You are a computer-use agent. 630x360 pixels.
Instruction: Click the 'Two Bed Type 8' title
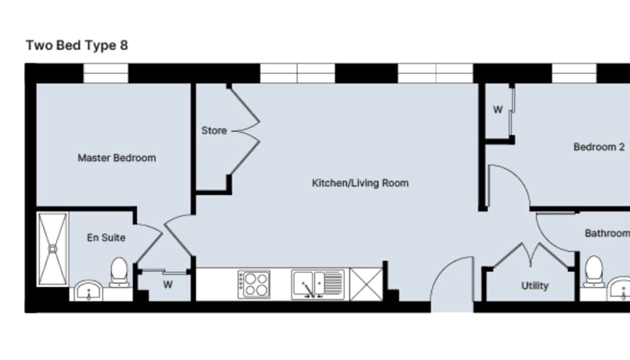point(77,46)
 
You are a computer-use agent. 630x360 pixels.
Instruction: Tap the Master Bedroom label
point(117,158)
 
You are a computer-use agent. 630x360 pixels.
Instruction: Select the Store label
point(214,131)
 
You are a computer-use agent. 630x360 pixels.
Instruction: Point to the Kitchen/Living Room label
point(360,184)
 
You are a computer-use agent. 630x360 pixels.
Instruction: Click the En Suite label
point(106,238)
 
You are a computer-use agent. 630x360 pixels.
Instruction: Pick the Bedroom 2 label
point(598,147)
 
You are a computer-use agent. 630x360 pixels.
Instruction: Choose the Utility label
point(534,285)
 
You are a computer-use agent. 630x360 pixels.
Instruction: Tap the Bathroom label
point(607,233)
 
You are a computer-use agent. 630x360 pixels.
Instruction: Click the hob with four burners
point(254,285)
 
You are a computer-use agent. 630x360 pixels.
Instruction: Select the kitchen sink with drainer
point(318,285)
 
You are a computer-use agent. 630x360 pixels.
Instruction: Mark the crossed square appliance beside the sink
point(366,285)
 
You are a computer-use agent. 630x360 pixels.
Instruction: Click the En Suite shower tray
point(53,250)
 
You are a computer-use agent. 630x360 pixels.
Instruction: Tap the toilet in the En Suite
point(119,272)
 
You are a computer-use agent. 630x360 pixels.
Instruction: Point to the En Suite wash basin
point(89,290)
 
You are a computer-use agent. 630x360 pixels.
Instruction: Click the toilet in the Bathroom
point(594,271)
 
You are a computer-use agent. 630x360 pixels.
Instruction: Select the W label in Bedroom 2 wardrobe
point(497,110)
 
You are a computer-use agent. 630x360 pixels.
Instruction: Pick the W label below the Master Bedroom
point(168,285)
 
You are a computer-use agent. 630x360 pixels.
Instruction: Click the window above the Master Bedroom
point(105,74)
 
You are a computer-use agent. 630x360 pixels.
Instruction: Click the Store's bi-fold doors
point(245,131)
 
